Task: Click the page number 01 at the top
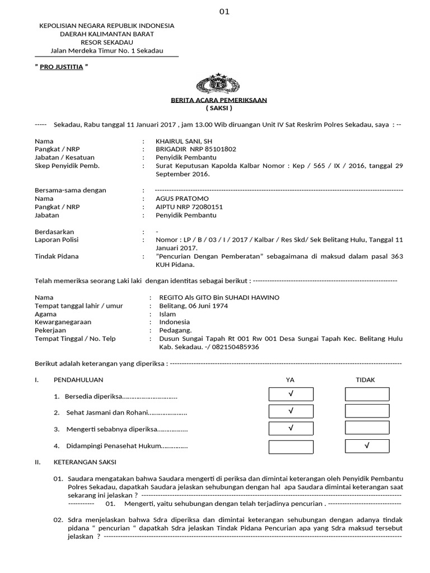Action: [x=225, y=12]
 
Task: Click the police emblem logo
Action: [x=219, y=83]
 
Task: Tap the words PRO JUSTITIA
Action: [x=62, y=67]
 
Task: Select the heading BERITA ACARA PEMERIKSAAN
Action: [x=219, y=100]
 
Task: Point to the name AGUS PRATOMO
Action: [x=182, y=199]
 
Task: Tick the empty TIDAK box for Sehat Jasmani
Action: [x=367, y=412]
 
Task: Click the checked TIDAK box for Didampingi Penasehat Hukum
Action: [x=367, y=446]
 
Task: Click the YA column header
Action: [x=290, y=380]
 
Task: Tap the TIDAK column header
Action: [x=366, y=380]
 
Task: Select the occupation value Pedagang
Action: [x=175, y=330]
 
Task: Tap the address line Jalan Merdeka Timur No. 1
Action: [x=106, y=50]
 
